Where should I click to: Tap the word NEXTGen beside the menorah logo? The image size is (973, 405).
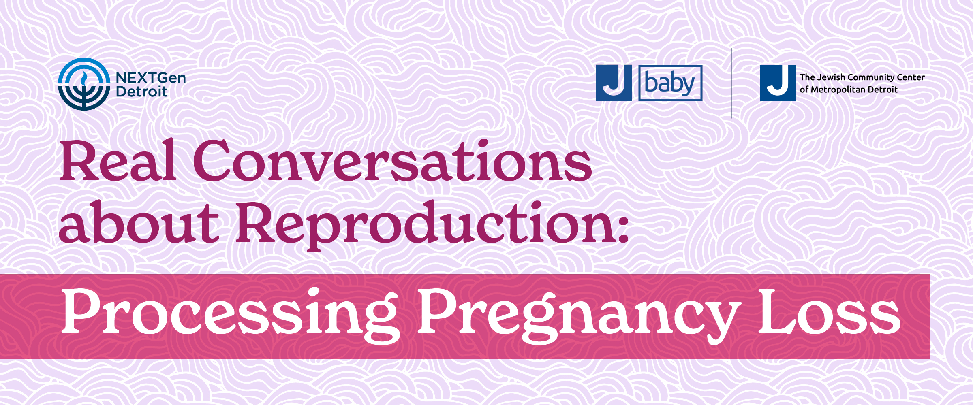(x=151, y=78)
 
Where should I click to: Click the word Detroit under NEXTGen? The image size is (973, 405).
(x=141, y=92)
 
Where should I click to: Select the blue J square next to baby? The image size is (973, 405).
(x=614, y=83)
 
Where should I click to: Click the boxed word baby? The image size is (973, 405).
(x=670, y=83)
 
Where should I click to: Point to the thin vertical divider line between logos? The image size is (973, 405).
(x=731, y=83)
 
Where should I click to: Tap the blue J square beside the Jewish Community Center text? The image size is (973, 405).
(x=778, y=83)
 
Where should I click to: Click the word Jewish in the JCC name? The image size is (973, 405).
(x=831, y=77)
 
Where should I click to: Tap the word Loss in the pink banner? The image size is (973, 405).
(x=830, y=312)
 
